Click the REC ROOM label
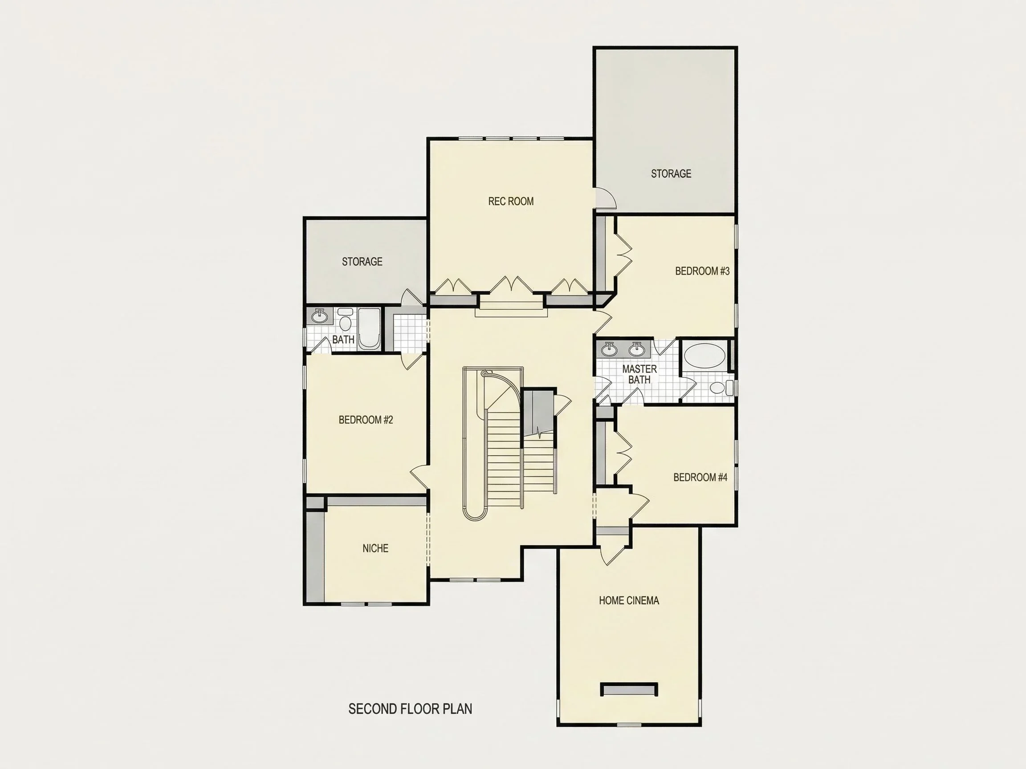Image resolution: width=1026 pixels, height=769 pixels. [511, 201]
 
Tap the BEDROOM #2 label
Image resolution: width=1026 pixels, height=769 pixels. [366, 420]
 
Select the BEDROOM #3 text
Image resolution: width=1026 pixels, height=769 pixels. [702, 271]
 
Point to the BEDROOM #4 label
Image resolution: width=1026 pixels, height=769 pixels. [700, 478]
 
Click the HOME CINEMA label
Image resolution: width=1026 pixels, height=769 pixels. [628, 601]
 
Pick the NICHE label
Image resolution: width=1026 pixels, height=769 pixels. [375, 548]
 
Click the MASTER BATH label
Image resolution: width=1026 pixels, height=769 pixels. [639, 374]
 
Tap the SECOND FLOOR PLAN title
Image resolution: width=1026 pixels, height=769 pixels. [410, 709]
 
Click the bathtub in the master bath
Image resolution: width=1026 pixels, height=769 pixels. [705, 356]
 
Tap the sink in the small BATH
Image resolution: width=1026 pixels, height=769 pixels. [319, 316]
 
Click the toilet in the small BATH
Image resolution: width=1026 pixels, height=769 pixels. [345, 319]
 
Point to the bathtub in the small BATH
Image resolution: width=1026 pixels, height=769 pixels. [369, 328]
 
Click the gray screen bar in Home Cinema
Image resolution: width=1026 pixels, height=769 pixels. [629, 689]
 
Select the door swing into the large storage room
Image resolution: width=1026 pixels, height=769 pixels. [606, 198]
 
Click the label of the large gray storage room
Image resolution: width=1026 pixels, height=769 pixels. [671, 174]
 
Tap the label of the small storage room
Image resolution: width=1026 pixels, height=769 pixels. [362, 262]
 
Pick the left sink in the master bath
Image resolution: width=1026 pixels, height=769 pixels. [609, 349]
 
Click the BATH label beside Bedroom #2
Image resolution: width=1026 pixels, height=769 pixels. [343, 340]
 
